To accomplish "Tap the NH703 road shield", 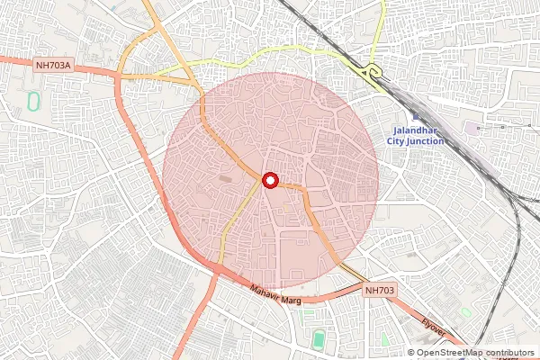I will [x=381, y=291].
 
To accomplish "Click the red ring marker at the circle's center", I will [x=270, y=180].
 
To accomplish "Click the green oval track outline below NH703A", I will [x=34, y=99].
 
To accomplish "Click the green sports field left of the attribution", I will [x=319, y=339].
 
